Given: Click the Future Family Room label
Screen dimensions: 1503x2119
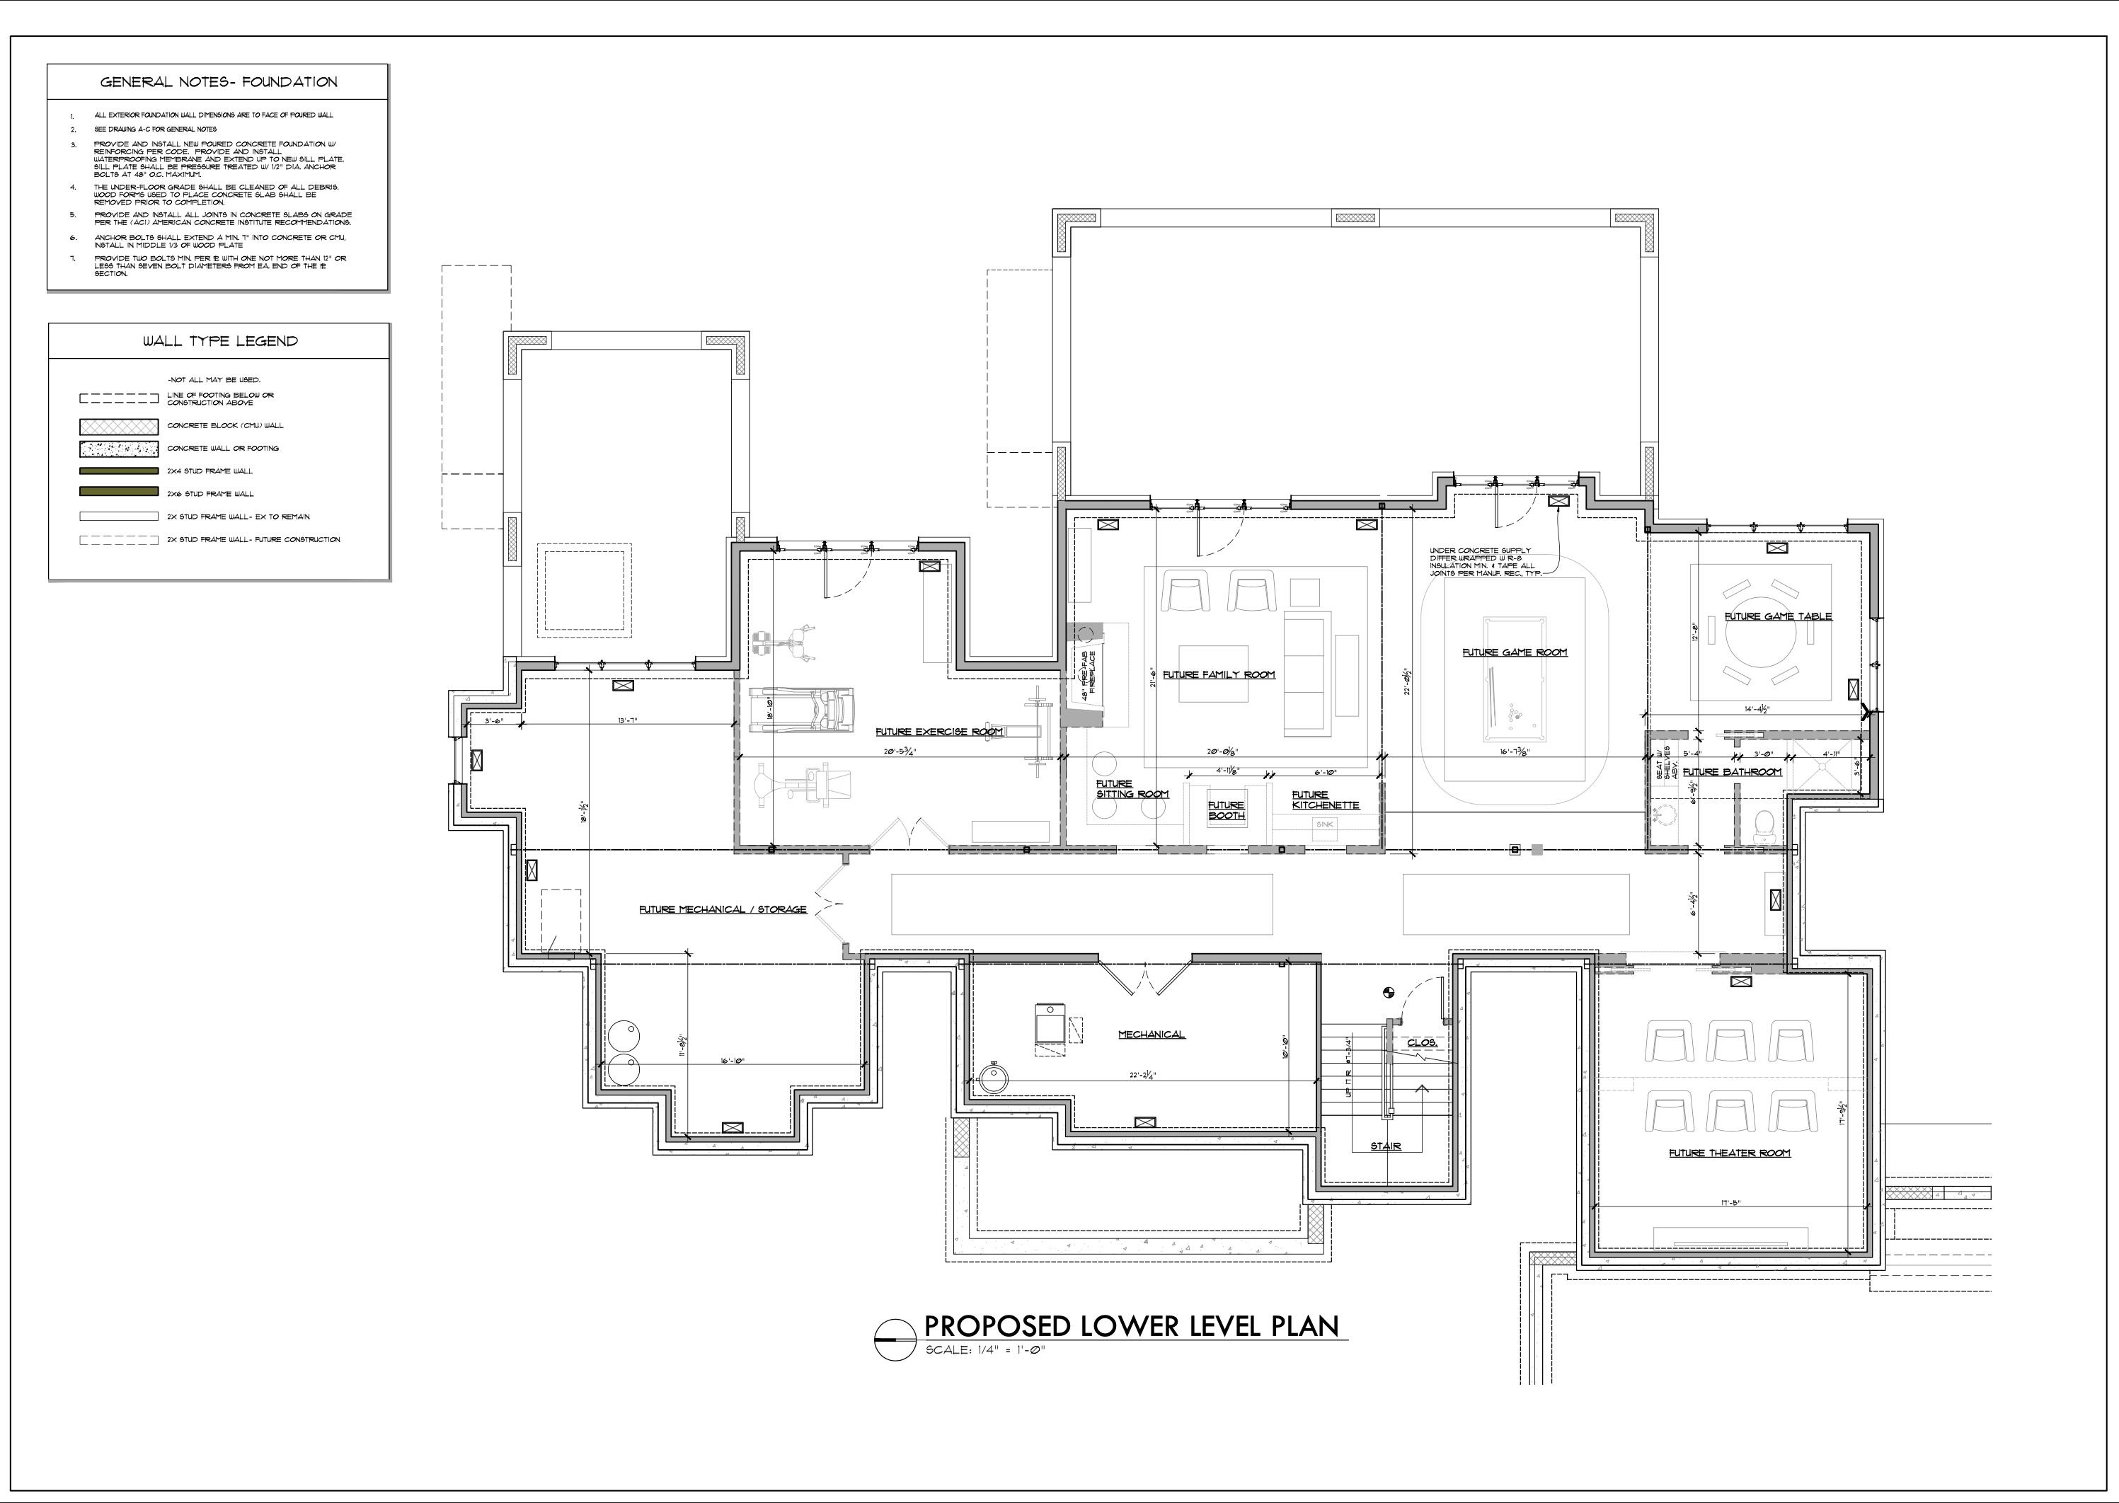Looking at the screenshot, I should (1218, 674).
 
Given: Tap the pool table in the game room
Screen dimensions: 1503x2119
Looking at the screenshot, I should (1515, 679).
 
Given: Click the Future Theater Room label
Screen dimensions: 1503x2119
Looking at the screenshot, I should (1729, 1153).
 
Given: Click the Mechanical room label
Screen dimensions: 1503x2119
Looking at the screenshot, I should (1151, 1035).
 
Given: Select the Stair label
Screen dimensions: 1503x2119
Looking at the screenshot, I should (1385, 1146).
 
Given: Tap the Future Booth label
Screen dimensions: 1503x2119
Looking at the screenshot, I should (1226, 810).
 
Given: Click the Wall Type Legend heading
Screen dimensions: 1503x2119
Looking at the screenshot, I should (220, 342).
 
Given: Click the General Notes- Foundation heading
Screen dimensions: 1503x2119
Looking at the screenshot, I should (219, 82).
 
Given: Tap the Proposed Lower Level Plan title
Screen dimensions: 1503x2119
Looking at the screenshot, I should (1131, 1326).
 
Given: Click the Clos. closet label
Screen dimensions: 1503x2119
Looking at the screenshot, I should (1421, 1043).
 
